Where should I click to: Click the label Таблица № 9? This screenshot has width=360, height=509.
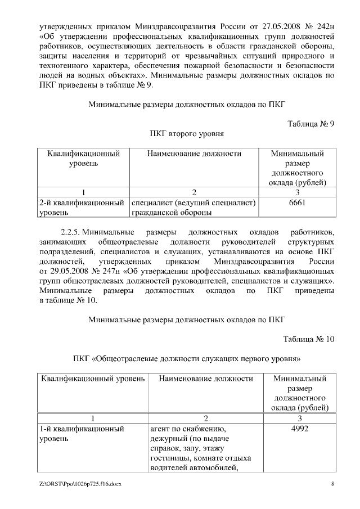pos(311,124)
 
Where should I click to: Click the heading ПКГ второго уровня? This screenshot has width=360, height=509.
pos(187,134)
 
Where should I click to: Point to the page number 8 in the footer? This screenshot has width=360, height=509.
pos(332,484)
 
